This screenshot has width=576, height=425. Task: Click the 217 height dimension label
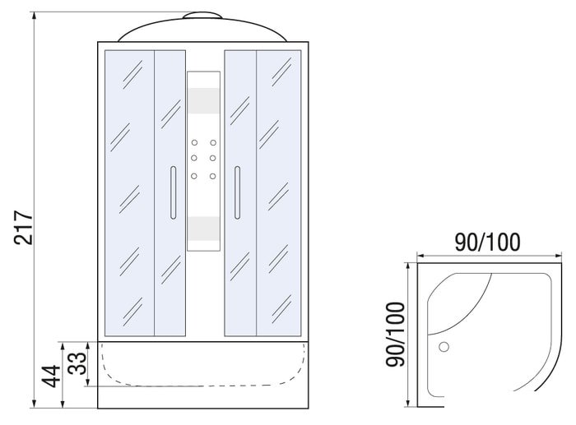point(24,227)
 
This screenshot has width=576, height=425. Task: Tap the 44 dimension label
point(51,376)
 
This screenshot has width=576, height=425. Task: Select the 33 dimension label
point(77,363)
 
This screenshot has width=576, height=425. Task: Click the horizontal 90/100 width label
point(487,242)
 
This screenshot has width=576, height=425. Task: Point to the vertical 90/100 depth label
point(395,334)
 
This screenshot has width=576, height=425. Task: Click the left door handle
point(174,192)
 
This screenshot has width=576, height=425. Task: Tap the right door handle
point(237,192)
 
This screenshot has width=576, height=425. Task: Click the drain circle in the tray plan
point(444,346)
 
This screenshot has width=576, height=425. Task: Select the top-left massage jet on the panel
point(194,142)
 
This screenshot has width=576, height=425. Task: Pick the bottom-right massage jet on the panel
point(212,176)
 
